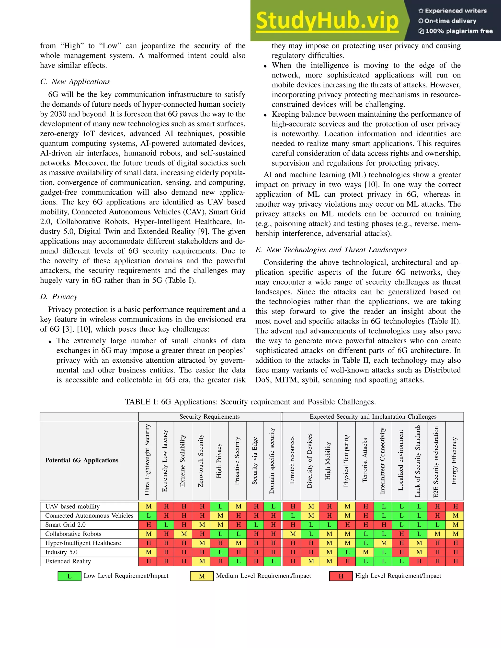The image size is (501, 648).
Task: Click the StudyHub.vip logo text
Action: click(x=327, y=21)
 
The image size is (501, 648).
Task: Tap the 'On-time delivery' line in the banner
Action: click(x=450, y=21)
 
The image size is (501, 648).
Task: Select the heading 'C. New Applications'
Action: click(x=75, y=82)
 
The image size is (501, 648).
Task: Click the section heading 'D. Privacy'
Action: click(x=59, y=297)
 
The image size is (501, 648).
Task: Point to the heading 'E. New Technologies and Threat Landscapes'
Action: click(x=331, y=250)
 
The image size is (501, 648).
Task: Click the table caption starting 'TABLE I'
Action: click(x=250, y=402)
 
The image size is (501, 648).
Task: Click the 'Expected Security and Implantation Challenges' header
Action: click(x=373, y=417)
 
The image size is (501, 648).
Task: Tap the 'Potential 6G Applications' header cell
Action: click(x=82, y=460)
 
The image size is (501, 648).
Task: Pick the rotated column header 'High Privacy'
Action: click(x=219, y=461)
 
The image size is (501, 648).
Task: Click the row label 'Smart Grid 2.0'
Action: click(x=65, y=525)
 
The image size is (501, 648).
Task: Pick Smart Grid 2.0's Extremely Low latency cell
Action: click(x=166, y=525)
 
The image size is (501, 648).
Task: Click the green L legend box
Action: click(x=69, y=576)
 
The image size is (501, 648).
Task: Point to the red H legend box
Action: click(x=341, y=576)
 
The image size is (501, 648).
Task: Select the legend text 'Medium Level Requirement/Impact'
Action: click(x=263, y=576)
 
